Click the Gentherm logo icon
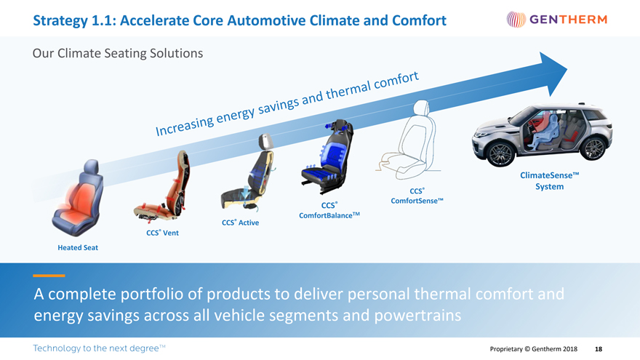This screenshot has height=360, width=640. (x=516, y=19)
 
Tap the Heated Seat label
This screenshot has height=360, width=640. (x=78, y=247)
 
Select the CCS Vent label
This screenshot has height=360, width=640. (x=162, y=233)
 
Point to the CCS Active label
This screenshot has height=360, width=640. (x=241, y=223)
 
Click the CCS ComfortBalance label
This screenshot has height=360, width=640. (x=329, y=210)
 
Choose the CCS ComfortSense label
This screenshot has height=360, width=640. (x=417, y=196)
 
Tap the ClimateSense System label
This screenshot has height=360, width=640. (x=549, y=181)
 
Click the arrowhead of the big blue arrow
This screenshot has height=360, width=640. (x=552, y=73)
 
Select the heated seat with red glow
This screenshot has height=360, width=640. (x=78, y=199)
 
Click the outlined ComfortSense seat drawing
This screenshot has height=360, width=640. (x=408, y=141)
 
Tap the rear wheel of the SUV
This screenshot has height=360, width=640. (x=594, y=148)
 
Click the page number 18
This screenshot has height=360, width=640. (x=599, y=349)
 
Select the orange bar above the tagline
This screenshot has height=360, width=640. (x=49, y=276)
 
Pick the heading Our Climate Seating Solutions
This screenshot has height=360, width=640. (x=118, y=54)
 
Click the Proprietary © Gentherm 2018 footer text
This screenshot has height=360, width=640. (x=534, y=349)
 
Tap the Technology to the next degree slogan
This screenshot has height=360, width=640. (x=99, y=348)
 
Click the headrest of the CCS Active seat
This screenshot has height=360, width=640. (x=265, y=142)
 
